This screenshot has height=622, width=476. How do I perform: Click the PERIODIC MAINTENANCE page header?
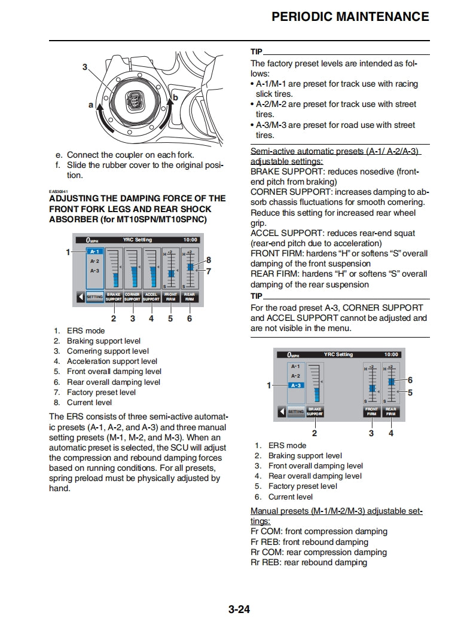[x=350, y=17]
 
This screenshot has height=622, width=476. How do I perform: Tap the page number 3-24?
[x=238, y=610]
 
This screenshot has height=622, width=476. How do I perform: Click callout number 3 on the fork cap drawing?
[x=85, y=67]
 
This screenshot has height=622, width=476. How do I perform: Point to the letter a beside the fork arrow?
[x=91, y=105]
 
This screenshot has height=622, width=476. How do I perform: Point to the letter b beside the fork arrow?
[x=175, y=97]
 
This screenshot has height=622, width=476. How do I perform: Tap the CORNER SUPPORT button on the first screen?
[x=132, y=296]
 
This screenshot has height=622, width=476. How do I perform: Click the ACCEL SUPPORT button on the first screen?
[x=151, y=296]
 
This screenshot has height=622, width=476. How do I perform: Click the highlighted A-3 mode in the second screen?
[x=296, y=385]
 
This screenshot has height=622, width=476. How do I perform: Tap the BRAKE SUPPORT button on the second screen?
[x=315, y=412]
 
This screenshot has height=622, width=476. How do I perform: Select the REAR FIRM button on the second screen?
[x=391, y=412]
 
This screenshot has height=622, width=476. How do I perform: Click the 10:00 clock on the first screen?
[x=190, y=240]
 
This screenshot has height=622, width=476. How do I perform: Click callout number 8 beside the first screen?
[x=208, y=260]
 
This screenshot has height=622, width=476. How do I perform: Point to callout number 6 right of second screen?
[x=410, y=380]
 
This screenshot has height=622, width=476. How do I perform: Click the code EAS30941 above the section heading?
[x=59, y=191]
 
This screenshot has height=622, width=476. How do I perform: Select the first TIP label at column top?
[x=256, y=51]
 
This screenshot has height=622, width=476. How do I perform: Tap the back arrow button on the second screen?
[x=281, y=412]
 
